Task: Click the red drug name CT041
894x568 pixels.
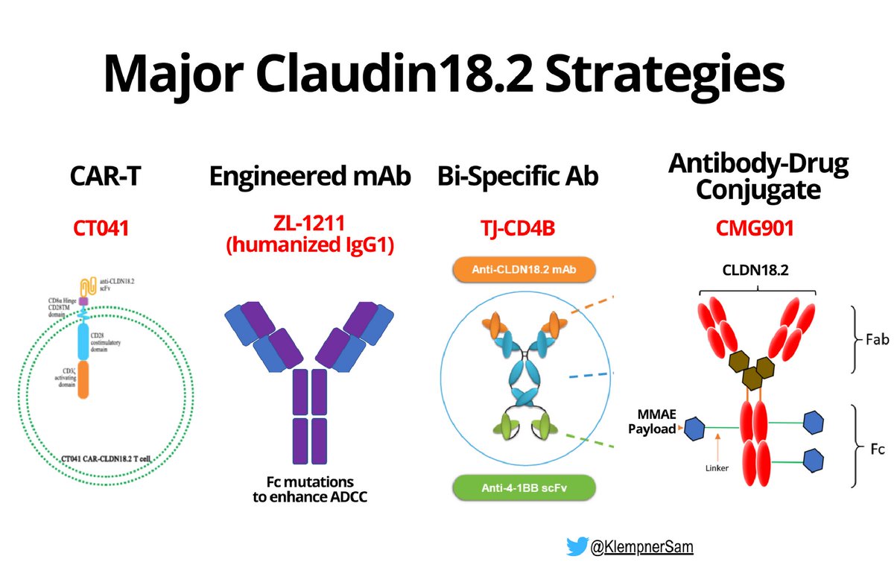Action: click(101, 228)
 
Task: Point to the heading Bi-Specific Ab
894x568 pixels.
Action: click(519, 177)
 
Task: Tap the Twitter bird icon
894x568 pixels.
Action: click(577, 548)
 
